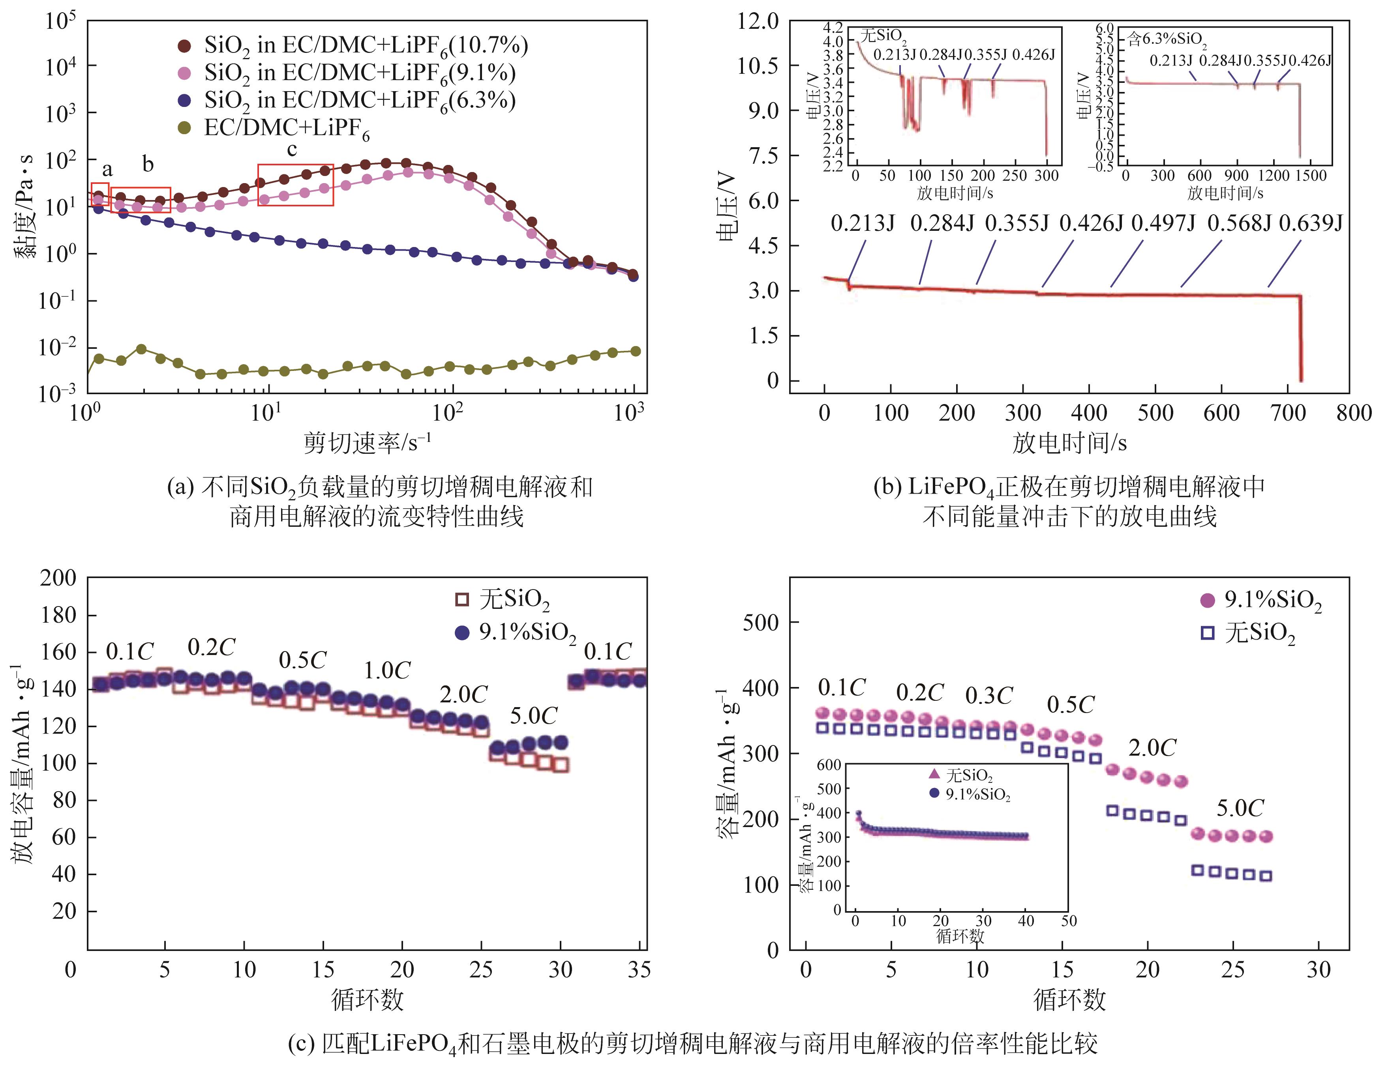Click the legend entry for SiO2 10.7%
pyautogui.click(x=365, y=45)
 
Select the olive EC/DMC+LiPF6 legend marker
pyautogui.click(x=184, y=128)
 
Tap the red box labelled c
pyautogui.click(x=295, y=185)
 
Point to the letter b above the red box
pyautogui.click(x=148, y=164)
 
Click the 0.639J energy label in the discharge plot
pyautogui.click(x=1311, y=223)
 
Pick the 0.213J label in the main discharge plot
pyautogui.click(x=863, y=223)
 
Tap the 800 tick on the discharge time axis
pyautogui.click(x=1354, y=414)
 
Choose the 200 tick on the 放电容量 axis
pyautogui.click(x=58, y=578)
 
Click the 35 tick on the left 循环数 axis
pyautogui.click(x=639, y=970)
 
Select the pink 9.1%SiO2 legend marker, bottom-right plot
pyautogui.click(x=1208, y=601)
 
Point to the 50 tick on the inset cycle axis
pyautogui.click(x=1069, y=921)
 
